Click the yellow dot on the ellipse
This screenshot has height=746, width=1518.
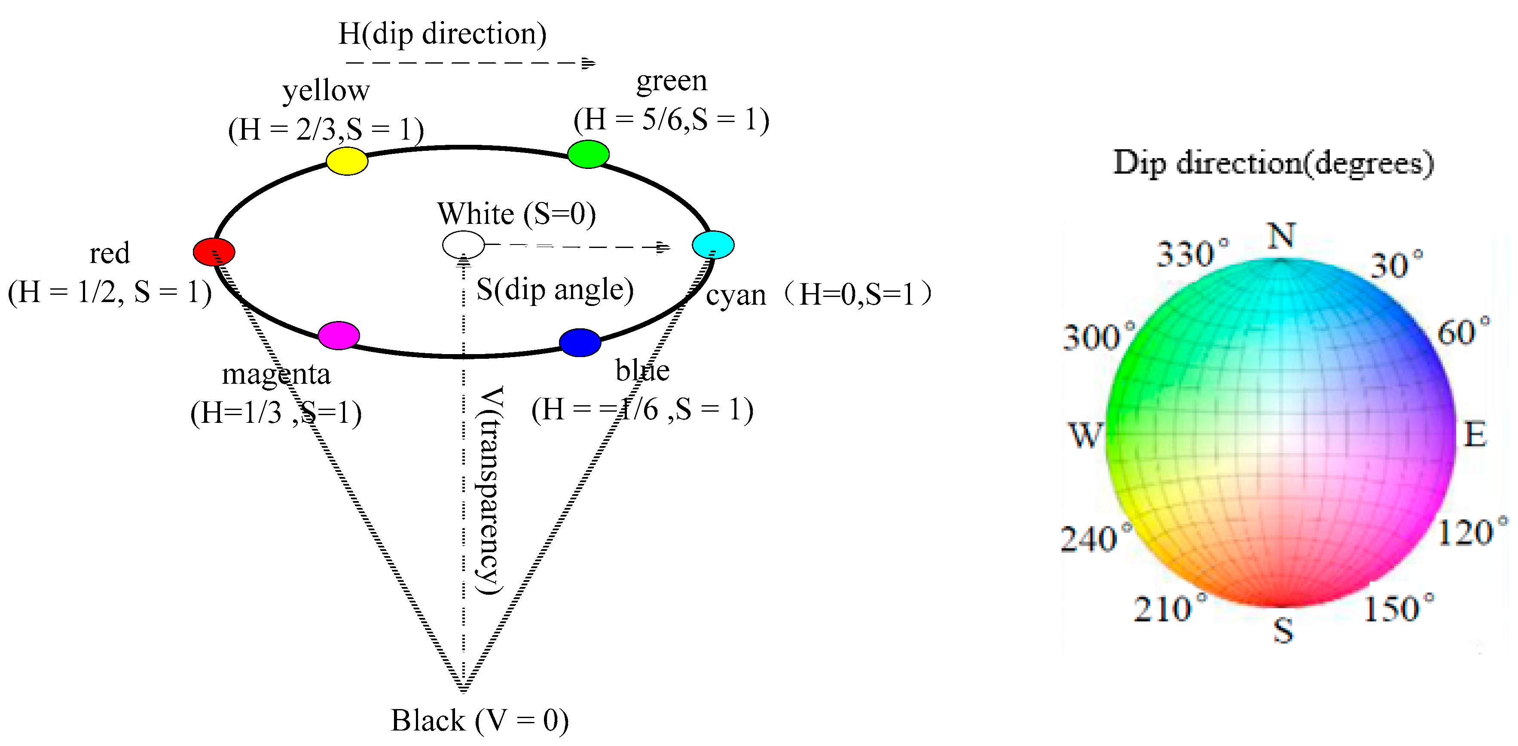tap(347, 161)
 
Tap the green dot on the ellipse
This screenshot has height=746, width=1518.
tap(588, 154)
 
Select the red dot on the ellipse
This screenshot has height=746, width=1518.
tap(214, 252)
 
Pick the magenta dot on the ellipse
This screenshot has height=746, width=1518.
tap(339, 335)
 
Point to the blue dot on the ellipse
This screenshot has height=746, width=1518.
tap(580, 342)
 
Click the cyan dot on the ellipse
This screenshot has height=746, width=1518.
tap(713, 245)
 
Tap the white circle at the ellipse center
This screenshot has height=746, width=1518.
tap(463, 245)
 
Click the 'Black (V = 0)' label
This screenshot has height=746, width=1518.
tap(480, 720)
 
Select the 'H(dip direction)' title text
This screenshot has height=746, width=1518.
tap(442, 34)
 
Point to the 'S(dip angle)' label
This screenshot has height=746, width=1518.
tap(555, 289)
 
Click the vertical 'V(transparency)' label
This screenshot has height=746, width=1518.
tap(490, 490)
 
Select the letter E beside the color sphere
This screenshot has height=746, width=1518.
tap(1475, 435)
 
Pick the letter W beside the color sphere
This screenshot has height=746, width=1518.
tap(1085, 435)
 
